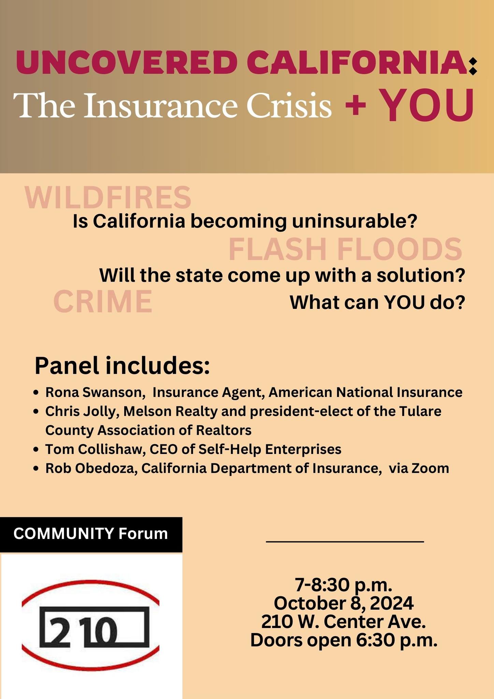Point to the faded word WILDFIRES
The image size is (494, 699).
point(108,197)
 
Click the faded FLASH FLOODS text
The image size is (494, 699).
point(345,249)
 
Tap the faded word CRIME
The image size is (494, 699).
point(103,301)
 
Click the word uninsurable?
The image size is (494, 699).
point(355,222)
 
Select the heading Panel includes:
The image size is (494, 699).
point(122,366)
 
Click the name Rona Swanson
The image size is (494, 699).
point(93,393)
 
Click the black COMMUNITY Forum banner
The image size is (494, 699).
point(91,534)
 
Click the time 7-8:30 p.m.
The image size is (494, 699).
point(344,585)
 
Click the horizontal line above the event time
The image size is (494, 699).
point(345,541)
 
